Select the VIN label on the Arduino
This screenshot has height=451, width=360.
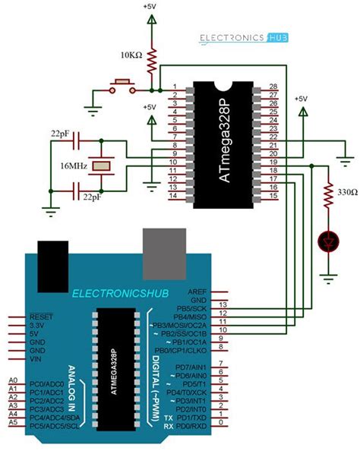coord(36,358)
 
